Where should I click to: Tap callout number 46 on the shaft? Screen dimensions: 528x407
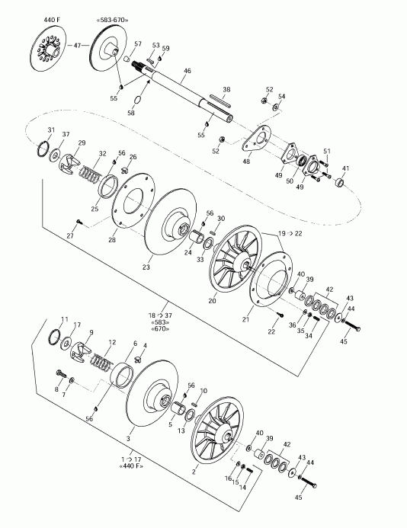[187, 72]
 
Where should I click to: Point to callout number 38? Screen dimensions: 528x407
[226, 89]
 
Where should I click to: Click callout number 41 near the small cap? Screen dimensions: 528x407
[345, 168]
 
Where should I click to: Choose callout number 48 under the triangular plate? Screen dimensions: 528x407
[248, 162]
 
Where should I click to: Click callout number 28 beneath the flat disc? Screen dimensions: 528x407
[112, 240]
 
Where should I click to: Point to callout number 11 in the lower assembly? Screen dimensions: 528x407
[65, 319]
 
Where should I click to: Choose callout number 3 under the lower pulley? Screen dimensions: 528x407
[128, 439]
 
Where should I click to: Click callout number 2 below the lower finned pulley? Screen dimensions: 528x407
[194, 472]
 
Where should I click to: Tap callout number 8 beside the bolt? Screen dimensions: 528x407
[56, 389]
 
